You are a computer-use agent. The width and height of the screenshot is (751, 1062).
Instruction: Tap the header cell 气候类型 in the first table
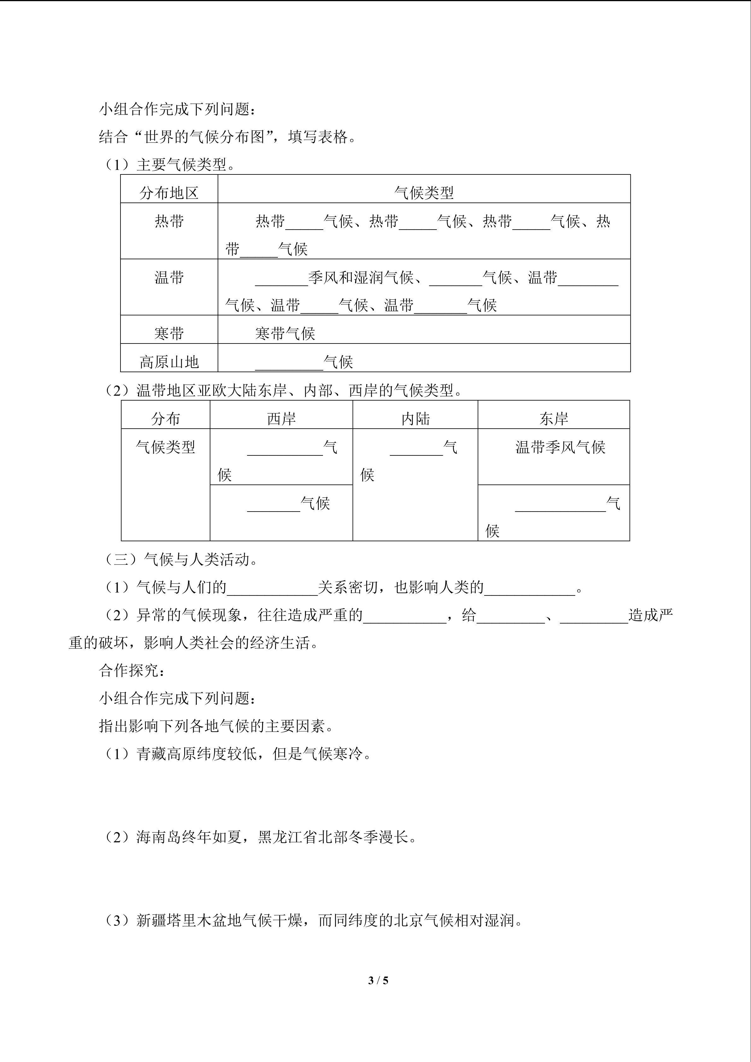point(424,193)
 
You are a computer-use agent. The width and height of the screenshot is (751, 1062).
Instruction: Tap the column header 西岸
point(281,419)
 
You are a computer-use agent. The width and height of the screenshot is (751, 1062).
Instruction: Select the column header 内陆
point(415,419)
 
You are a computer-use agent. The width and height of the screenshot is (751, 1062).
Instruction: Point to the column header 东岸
point(554,419)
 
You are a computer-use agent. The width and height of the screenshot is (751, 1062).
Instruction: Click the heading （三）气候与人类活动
point(180,560)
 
